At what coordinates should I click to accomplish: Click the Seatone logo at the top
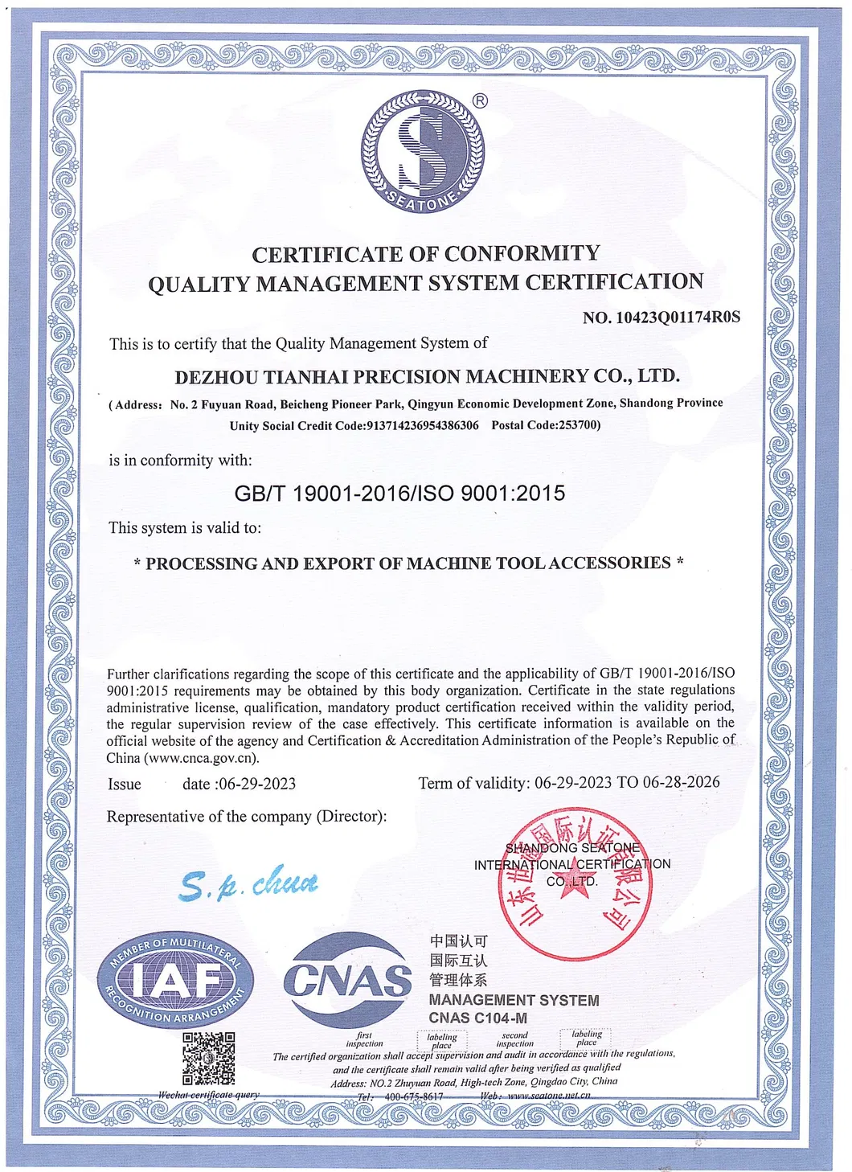pos(424,151)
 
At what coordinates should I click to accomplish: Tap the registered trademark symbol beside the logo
pos(480,100)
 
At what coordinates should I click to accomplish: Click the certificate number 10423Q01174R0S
pos(678,318)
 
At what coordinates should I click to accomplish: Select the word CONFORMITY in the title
pos(522,254)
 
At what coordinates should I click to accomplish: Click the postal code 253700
pos(577,424)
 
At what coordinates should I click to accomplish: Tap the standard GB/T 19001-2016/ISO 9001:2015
pos(399,493)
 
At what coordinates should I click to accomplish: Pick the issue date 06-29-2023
pos(257,784)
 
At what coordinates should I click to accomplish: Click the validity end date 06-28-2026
pos(682,782)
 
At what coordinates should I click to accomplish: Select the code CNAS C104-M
pos(477,1018)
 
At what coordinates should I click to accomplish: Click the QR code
pos(208,1058)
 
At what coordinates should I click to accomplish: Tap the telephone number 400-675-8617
pos(414,1096)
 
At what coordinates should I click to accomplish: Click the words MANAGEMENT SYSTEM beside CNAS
pos(514,1000)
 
